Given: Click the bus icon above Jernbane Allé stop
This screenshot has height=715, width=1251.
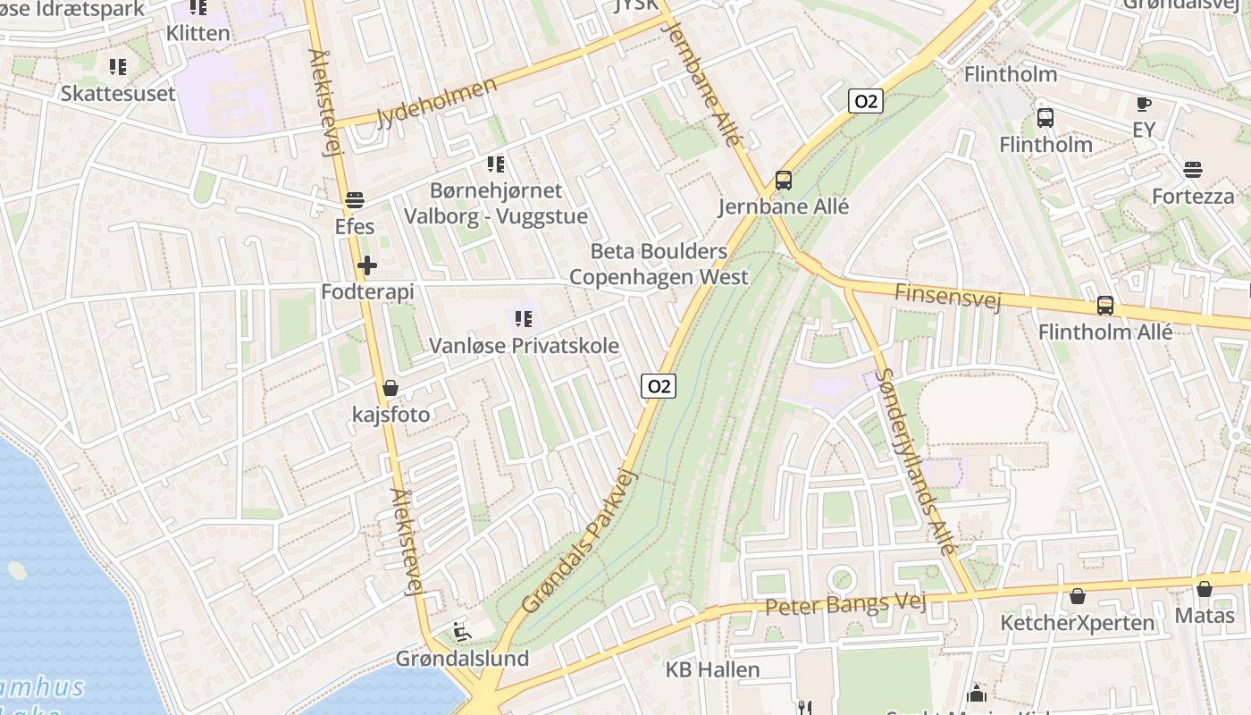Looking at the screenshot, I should pyautogui.click(x=784, y=181).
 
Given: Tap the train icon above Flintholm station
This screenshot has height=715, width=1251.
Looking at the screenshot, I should pyautogui.click(x=1045, y=117).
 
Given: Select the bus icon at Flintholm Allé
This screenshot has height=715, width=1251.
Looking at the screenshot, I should pyautogui.click(x=1105, y=306).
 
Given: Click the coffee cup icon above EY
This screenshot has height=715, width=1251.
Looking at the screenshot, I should pyautogui.click(x=1143, y=105).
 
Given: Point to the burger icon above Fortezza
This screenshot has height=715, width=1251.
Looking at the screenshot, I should pyautogui.click(x=1192, y=170).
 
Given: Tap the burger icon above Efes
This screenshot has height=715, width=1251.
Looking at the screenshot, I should pyautogui.click(x=355, y=200).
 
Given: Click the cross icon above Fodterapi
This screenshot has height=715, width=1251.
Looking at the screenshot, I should pyautogui.click(x=366, y=265).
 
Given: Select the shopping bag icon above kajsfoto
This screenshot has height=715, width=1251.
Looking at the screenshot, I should pyautogui.click(x=390, y=388).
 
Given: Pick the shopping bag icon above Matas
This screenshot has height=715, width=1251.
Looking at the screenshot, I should pyautogui.click(x=1204, y=589).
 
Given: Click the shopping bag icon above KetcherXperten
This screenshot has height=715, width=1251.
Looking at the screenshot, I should pyautogui.click(x=1078, y=596).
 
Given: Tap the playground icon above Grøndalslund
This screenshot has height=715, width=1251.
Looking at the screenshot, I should pyautogui.click(x=462, y=632).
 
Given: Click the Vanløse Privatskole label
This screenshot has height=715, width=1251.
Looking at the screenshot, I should pyautogui.click(x=524, y=345).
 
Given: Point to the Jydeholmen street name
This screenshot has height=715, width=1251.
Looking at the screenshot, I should pyautogui.click(x=437, y=103).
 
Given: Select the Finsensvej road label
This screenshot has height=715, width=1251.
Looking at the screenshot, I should pyautogui.click(x=947, y=295).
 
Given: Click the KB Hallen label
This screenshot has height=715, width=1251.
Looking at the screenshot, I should pyautogui.click(x=712, y=669).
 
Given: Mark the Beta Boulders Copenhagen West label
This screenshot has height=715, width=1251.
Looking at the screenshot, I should pyautogui.click(x=659, y=264).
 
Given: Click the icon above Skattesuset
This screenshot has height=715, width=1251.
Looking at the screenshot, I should pyautogui.click(x=117, y=67).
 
